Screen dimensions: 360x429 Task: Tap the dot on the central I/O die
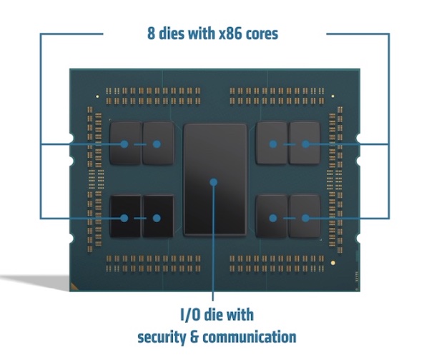[x=214, y=182]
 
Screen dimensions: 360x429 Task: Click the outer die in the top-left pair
[x=125, y=143]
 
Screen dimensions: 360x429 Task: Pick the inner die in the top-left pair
[x=158, y=143]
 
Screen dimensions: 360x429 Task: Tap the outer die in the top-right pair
[x=305, y=143]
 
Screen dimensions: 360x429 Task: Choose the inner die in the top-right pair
[x=272, y=143]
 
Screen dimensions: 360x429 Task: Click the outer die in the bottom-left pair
[x=125, y=216]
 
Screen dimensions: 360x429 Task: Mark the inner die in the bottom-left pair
[x=158, y=216]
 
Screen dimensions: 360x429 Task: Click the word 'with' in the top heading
[x=209, y=34]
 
